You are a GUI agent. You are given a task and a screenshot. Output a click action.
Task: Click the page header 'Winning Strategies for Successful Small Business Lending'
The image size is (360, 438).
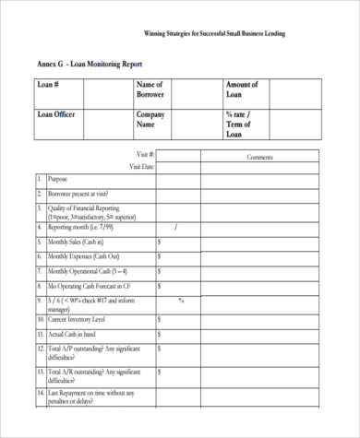215,33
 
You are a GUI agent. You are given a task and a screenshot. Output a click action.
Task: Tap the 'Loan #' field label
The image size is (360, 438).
48,85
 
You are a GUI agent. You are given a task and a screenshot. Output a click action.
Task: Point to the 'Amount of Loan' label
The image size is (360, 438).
241,89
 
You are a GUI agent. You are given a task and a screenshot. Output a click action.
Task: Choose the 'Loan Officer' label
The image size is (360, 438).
55,114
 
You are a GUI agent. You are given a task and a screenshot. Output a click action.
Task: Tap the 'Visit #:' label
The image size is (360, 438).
145,155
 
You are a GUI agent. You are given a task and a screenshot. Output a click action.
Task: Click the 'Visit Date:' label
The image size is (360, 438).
141,167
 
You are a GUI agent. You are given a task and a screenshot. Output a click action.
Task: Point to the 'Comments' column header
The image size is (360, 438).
261,158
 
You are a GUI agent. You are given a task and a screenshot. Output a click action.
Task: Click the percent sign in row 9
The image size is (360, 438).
181,300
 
